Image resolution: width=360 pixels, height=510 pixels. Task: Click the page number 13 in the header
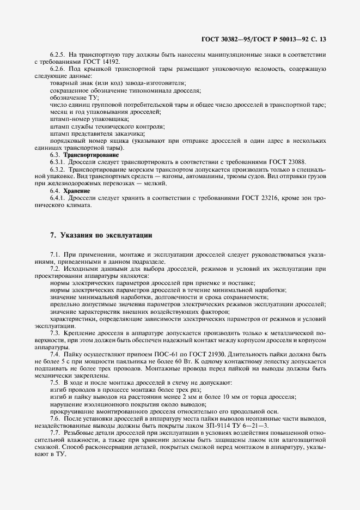point(322,39)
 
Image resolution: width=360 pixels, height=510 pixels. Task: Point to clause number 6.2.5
point(57,54)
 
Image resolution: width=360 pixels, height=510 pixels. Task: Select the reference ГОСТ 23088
point(295,162)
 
